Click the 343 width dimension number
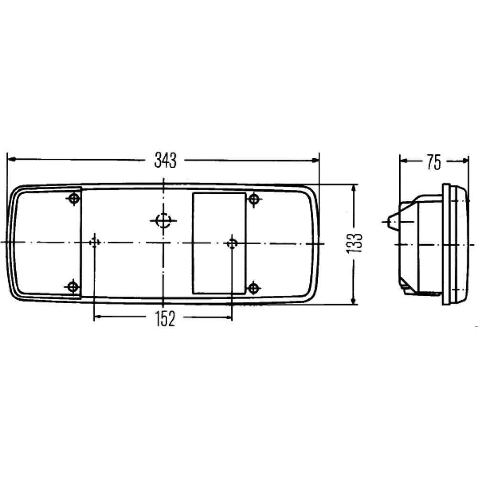tap(165, 160)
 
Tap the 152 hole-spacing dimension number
tap(165, 319)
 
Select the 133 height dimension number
tap(354, 243)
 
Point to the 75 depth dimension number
tap(434, 162)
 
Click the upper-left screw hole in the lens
tap(74, 199)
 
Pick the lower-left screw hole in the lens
tap(73, 286)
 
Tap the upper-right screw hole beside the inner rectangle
tap(254, 199)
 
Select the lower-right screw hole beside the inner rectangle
tap(253, 288)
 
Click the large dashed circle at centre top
tap(163, 220)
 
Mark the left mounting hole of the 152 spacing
tap(94, 243)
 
